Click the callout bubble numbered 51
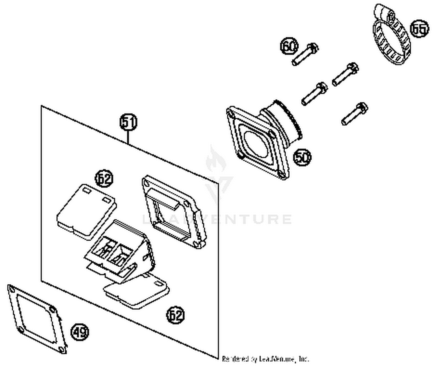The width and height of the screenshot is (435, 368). pos(128,122)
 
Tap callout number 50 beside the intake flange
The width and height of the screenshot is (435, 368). pos(302,157)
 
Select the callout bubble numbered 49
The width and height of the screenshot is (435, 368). pos(80,332)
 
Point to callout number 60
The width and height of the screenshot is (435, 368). pos(289,46)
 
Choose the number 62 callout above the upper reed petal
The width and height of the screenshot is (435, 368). pos(104,179)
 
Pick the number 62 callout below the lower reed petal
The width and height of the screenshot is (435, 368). pos(175,315)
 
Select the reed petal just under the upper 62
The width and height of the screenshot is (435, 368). pos(86,210)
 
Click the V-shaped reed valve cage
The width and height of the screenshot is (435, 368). pos(119,250)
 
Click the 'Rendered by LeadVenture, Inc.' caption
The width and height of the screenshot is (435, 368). pos(265,359)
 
